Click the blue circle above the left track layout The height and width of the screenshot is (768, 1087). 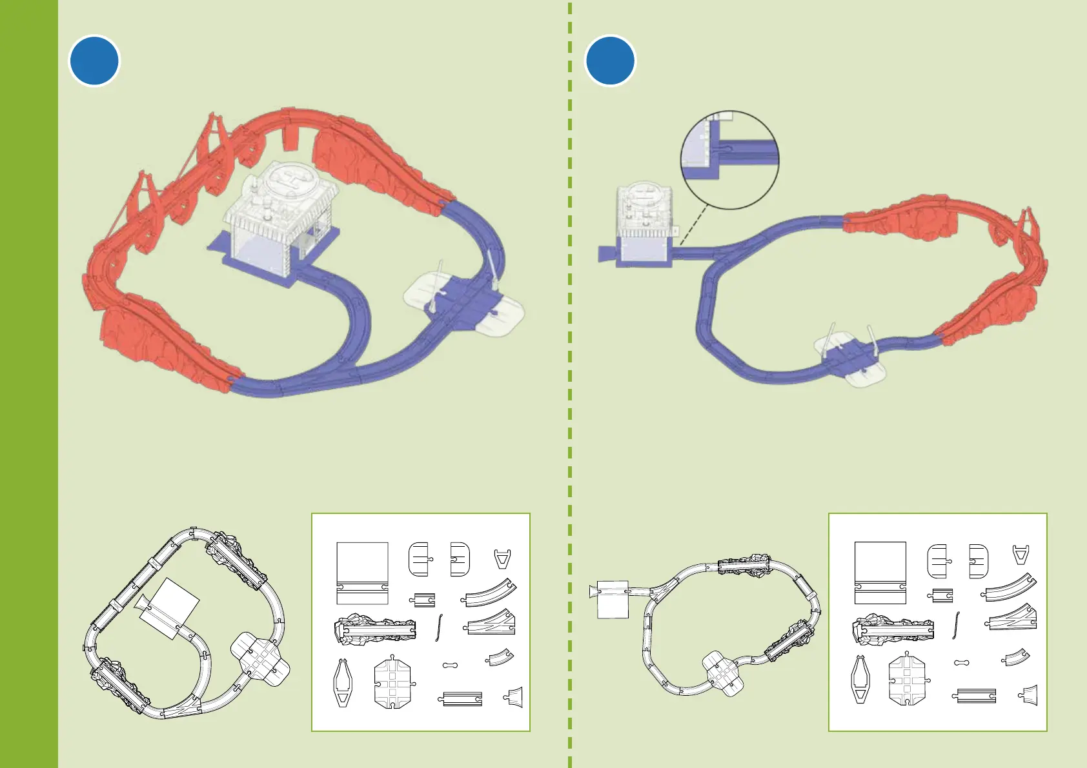tap(94, 61)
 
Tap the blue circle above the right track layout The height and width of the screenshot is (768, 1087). tap(610, 61)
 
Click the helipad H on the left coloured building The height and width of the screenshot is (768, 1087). tap(291, 179)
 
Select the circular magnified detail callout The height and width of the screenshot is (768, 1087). tap(730, 159)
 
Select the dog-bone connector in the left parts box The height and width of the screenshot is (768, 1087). tap(451, 665)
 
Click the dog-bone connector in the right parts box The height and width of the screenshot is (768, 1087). tap(962, 662)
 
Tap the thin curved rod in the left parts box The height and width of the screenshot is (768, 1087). tap(439, 627)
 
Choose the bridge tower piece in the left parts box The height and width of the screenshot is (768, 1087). tap(342, 683)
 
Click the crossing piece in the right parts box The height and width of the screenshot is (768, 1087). tap(908, 681)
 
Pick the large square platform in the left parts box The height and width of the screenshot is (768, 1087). tap(362, 573)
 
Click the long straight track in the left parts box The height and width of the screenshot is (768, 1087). tap(461, 699)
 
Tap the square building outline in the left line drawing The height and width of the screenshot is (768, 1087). tap(170, 608)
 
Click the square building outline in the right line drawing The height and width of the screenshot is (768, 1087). tap(613, 599)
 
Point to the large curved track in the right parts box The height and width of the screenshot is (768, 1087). tap(1011, 587)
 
